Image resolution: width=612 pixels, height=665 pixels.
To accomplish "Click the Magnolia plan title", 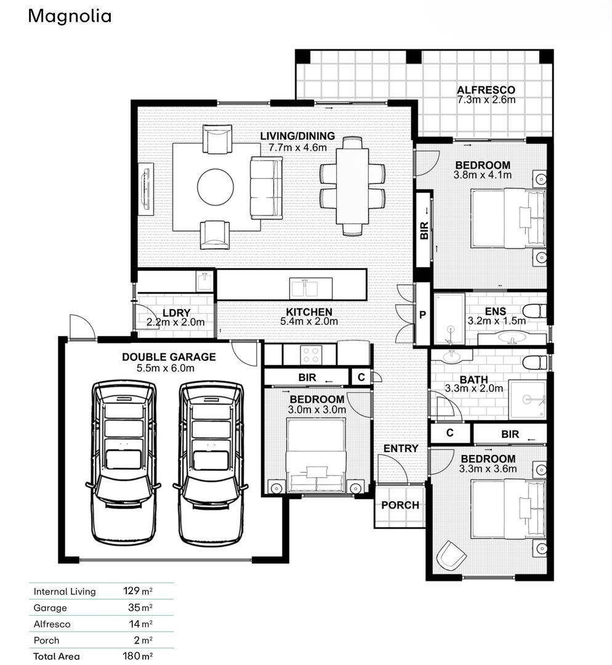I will [70, 16].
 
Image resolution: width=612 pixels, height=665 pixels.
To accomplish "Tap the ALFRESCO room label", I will [486, 90].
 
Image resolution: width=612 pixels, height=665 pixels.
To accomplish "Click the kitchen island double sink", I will [311, 288].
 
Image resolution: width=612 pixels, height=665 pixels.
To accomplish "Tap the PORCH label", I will [400, 505].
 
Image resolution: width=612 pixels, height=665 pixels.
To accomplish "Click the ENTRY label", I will [401, 448].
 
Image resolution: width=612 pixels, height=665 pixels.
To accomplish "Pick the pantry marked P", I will [422, 314].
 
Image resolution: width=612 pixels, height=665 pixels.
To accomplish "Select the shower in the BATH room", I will [527, 400].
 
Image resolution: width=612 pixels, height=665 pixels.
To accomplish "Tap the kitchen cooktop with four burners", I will [310, 355].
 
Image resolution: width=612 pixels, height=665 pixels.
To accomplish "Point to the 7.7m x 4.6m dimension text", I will [297, 147].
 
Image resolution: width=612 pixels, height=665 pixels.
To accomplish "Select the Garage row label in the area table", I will [50, 608].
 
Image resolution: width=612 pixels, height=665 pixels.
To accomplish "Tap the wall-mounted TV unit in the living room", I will [145, 188].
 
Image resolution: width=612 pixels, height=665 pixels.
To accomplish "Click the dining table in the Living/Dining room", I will [353, 186].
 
